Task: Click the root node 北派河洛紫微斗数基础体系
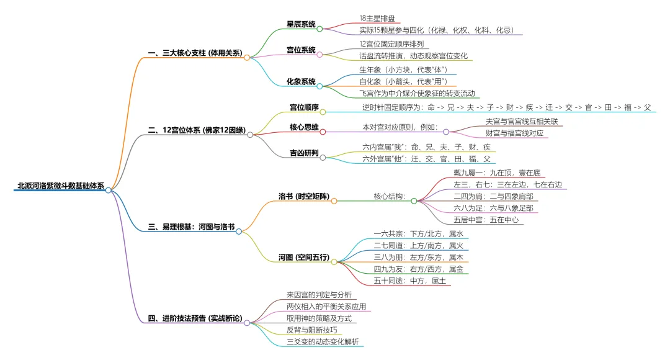[x=61, y=186]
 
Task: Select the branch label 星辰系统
[x=301, y=24]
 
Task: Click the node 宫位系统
[x=301, y=50]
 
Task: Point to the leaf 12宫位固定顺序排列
[x=391, y=44]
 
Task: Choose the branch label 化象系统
[x=301, y=81]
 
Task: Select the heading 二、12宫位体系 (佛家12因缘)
[x=196, y=130]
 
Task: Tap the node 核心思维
[x=304, y=127]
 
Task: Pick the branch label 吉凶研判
[x=304, y=153]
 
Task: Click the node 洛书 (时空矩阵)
[x=303, y=197]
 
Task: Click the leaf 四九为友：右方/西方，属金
[x=418, y=269]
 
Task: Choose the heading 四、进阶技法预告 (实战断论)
[x=195, y=319]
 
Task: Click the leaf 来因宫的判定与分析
[x=319, y=294]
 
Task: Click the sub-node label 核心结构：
[x=389, y=197]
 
